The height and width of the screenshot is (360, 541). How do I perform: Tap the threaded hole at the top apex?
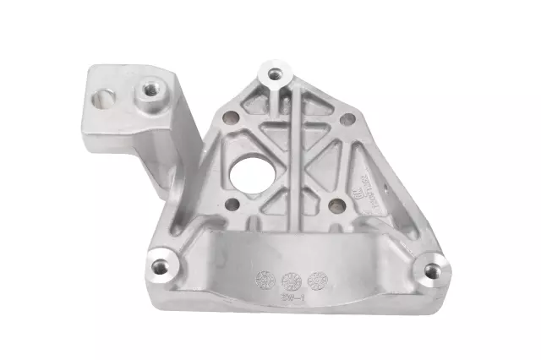[273, 74]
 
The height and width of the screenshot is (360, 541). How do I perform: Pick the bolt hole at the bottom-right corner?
[433, 270]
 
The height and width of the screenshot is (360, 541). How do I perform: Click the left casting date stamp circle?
[263, 278]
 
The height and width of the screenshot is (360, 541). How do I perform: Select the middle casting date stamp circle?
[290, 278]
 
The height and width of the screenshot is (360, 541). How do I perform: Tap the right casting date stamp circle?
[317, 278]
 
